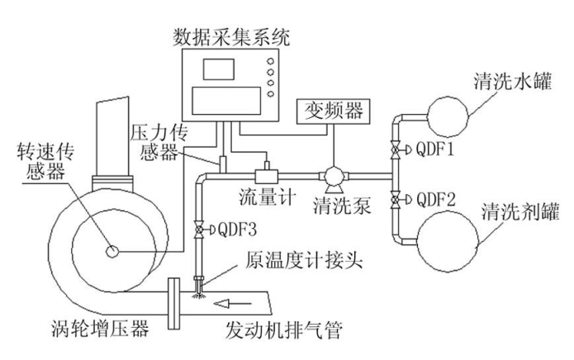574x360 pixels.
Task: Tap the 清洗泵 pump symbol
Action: (x=334, y=174)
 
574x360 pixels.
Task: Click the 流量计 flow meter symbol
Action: (x=267, y=175)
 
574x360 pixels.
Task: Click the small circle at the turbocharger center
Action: (x=113, y=250)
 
